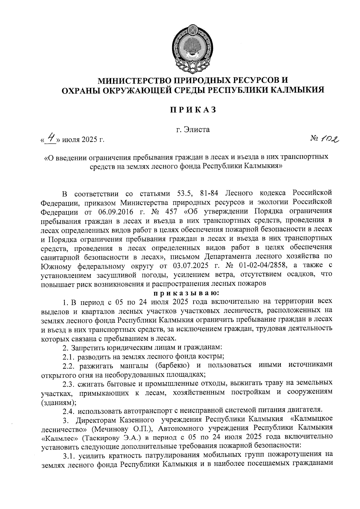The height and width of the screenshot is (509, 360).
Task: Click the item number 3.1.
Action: [68, 456]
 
